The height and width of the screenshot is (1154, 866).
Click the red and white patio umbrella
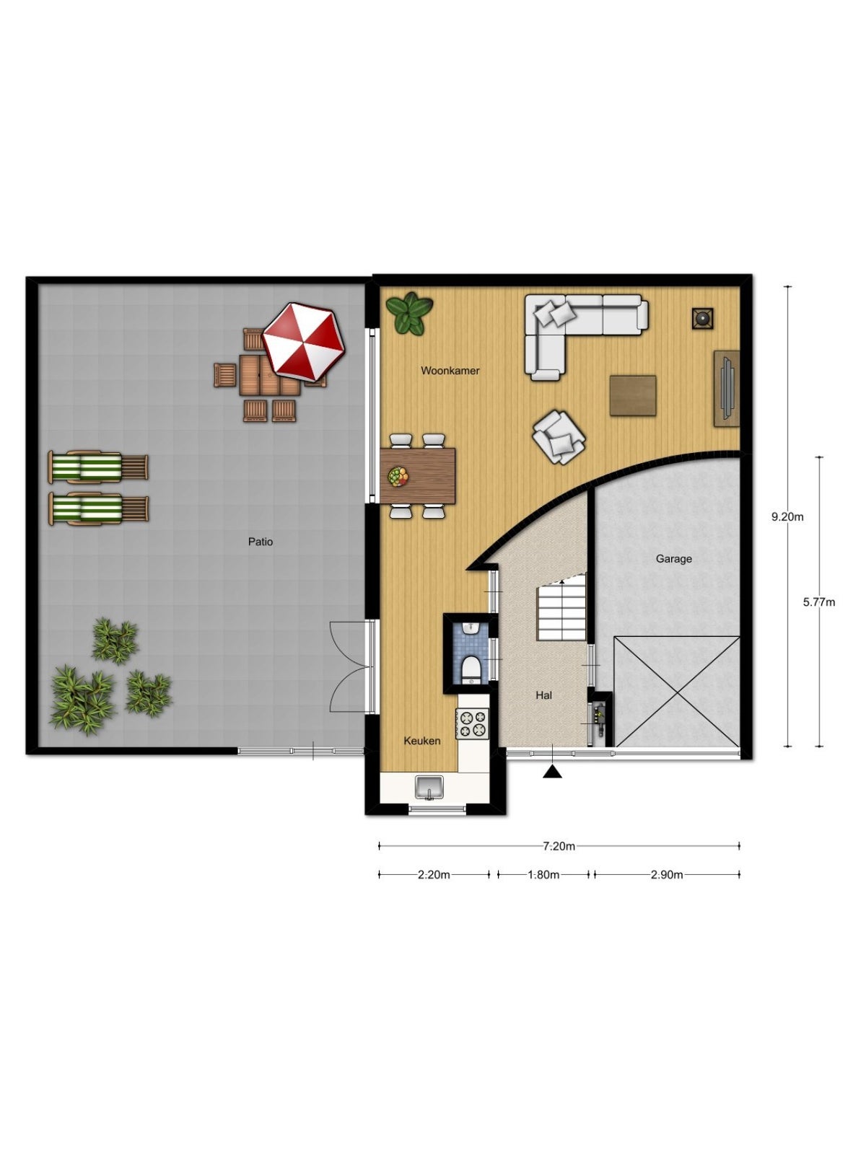pyautogui.click(x=303, y=341)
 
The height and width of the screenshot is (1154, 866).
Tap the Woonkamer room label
pyautogui.click(x=450, y=371)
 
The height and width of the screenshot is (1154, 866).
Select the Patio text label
pyautogui.click(x=261, y=542)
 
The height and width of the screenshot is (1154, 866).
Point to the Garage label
pyautogui.click(x=673, y=559)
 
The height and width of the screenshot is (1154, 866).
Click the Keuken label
pyautogui.click(x=421, y=741)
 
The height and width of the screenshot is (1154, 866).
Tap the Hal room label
pyautogui.click(x=543, y=695)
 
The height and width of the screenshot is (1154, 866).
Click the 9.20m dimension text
pyautogui.click(x=787, y=517)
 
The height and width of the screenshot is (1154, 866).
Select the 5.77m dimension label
pyautogui.click(x=818, y=602)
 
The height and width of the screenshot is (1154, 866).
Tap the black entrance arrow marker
pyautogui.click(x=552, y=772)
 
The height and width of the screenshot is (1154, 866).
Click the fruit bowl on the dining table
pyautogui.click(x=398, y=477)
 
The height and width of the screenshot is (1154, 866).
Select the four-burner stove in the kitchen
pyautogui.click(x=472, y=723)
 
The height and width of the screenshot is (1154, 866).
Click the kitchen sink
pyautogui.click(x=429, y=788)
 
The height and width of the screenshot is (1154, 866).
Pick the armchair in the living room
pyautogui.click(x=559, y=437)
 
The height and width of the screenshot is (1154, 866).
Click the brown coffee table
pyautogui.click(x=633, y=395)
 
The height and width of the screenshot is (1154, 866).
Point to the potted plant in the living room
pyautogui.click(x=409, y=313)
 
